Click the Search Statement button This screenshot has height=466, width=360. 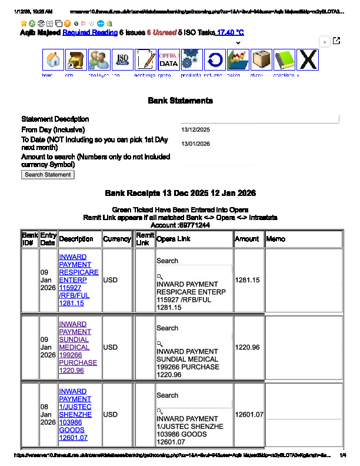click(x=48, y=175)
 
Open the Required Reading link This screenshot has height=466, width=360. click(x=90, y=33)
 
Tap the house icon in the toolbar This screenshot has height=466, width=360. click(x=53, y=60)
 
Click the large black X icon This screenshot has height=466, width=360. click(x=307, y=60)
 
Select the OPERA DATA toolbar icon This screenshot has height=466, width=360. click(x=168, y=60)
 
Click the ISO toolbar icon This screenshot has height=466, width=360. click(x=122, y=60)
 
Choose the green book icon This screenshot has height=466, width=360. click(x=284, y=60)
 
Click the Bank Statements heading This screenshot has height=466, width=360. click(x=180, y=101)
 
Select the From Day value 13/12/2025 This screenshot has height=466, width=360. click(x=196, y=130)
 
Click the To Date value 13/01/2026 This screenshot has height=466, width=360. click(x=196, y=144)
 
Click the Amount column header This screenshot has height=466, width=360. click(x=247, y=239)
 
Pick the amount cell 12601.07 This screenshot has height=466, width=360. click(x=249, y=415)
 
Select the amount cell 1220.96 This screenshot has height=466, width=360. click(x=247, y=348)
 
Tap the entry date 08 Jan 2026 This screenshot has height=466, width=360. click(x=48, y=415)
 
